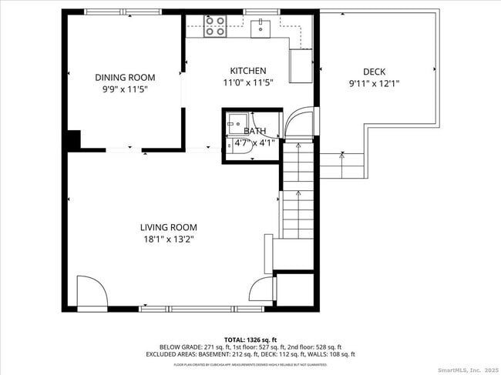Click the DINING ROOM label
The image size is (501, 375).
click(125, 77)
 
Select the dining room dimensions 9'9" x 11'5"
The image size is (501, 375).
click(125, 89)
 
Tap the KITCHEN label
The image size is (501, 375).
click(247, 70)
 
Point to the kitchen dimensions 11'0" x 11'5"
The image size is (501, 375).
click(247, 82)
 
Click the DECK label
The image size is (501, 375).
click(375, 72)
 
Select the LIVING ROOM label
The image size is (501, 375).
click(168, 227)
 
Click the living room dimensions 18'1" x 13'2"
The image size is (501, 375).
click(168, 239)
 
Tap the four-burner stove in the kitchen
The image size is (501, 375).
click(215, 27)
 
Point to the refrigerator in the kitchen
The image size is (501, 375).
click(301, 66)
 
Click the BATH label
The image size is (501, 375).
click(255, 132)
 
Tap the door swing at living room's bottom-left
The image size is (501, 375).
click(91, 293)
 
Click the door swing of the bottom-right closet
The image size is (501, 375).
click(263, 290)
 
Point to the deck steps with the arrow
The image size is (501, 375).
click(341, 166)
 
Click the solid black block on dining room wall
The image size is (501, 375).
click(72, 140)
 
